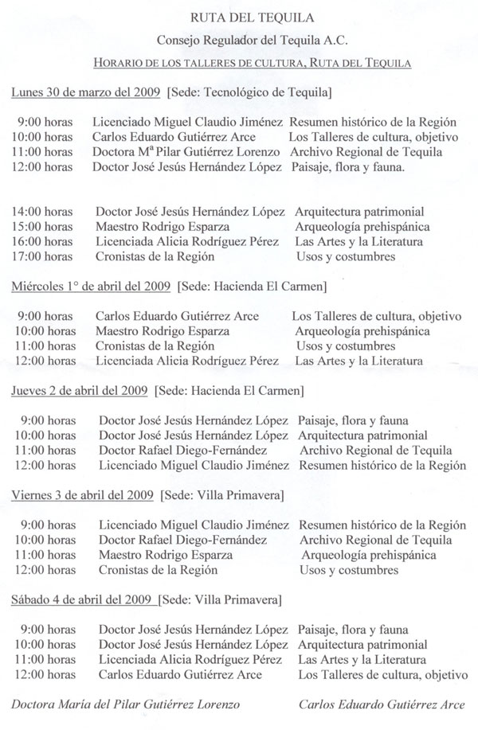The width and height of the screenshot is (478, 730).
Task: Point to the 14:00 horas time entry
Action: tap(45, 213)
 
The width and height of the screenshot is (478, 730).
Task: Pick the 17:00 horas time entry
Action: tap(45, 257)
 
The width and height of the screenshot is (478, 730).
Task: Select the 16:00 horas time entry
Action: tap(45, 242)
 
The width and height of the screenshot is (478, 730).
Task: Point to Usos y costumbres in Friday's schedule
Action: tap(347, 570)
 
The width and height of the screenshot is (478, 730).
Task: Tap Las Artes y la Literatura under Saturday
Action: tap(360, 660)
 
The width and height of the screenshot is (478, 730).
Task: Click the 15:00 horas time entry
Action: tap(45, 228)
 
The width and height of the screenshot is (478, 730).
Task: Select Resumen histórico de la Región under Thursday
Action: tap(381, 465)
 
